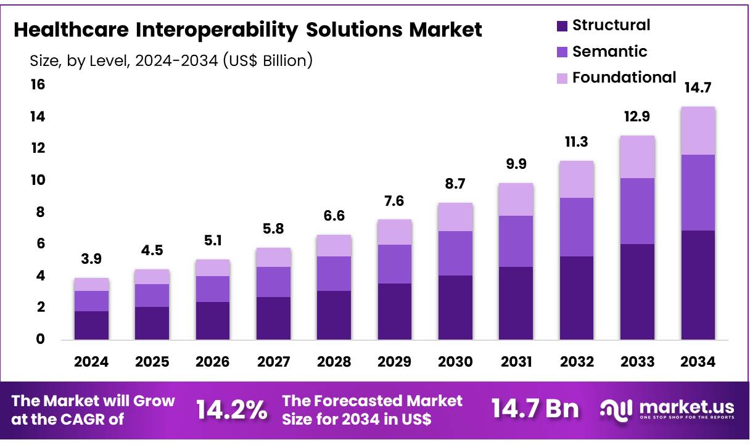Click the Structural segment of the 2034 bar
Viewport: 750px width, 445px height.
(x=698, y=285)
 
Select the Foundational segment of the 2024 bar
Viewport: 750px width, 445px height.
(x=91, y=284)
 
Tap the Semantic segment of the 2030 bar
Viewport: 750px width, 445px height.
(x=455, y=253)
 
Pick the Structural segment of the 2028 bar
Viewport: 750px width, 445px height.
(x=334, y=315)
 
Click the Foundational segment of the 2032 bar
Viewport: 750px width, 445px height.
(x=577, y=179)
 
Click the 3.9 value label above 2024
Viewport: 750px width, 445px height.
(x=91, y=259)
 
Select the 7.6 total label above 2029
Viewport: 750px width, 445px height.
(x=395, y=202)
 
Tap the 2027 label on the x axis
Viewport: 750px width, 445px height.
(x=273, y=362)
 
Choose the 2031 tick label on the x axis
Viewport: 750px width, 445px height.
(x=516, y=362)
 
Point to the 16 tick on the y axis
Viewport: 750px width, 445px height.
(x=38, y=84)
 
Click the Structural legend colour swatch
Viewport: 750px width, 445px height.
(x=561, y=26)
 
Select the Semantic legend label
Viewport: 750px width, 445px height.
(x=610, y=51)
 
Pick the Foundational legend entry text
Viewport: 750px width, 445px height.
(x=624, y=78)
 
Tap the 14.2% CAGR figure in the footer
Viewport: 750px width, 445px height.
(x=232, y=410)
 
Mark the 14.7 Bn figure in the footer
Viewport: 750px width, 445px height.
(x=535, y=410)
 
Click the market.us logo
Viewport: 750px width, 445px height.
(x=667, y=409)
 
